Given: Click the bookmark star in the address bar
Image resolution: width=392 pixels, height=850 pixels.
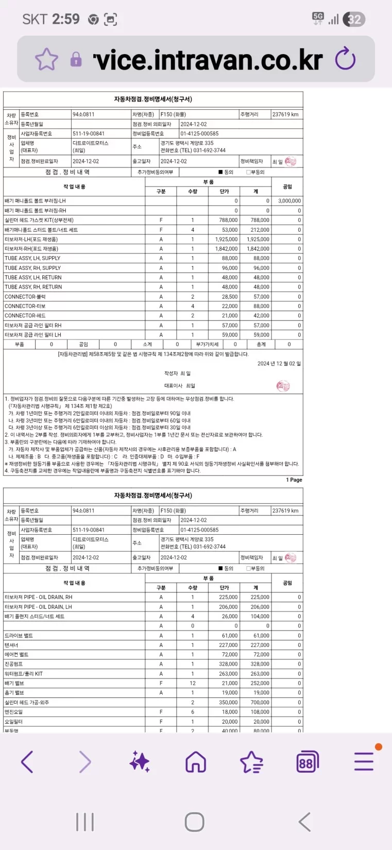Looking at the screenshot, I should (46, 60).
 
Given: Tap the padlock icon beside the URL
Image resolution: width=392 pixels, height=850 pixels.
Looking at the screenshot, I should (76, 60).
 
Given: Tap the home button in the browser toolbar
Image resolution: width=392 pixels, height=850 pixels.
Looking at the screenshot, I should (196, 761).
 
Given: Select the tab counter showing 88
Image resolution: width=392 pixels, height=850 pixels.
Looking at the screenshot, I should (308, 761).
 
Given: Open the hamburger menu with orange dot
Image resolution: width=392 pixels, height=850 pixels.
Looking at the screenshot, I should (364, 761).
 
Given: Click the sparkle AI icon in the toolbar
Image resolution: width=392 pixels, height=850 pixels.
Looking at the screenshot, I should (140, 761).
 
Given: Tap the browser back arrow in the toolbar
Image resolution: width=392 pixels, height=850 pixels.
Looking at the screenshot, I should (27, 761).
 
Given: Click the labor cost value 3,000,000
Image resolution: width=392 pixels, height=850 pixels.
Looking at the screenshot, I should (289, 201).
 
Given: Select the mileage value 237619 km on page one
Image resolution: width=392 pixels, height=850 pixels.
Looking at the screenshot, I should (285, 114).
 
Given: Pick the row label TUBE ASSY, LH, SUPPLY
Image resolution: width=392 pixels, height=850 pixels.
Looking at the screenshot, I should (32, 259).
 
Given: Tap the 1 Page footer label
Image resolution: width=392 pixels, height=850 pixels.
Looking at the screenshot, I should (294, 480).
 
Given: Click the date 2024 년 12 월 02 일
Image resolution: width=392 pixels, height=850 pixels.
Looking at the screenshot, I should (279, 364).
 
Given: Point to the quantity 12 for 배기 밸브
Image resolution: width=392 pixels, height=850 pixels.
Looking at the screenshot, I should (193, 683).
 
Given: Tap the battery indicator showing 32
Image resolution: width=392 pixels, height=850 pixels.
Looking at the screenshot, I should (354, 20).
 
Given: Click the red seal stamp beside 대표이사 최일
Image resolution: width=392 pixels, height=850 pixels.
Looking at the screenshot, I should (283, 386).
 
